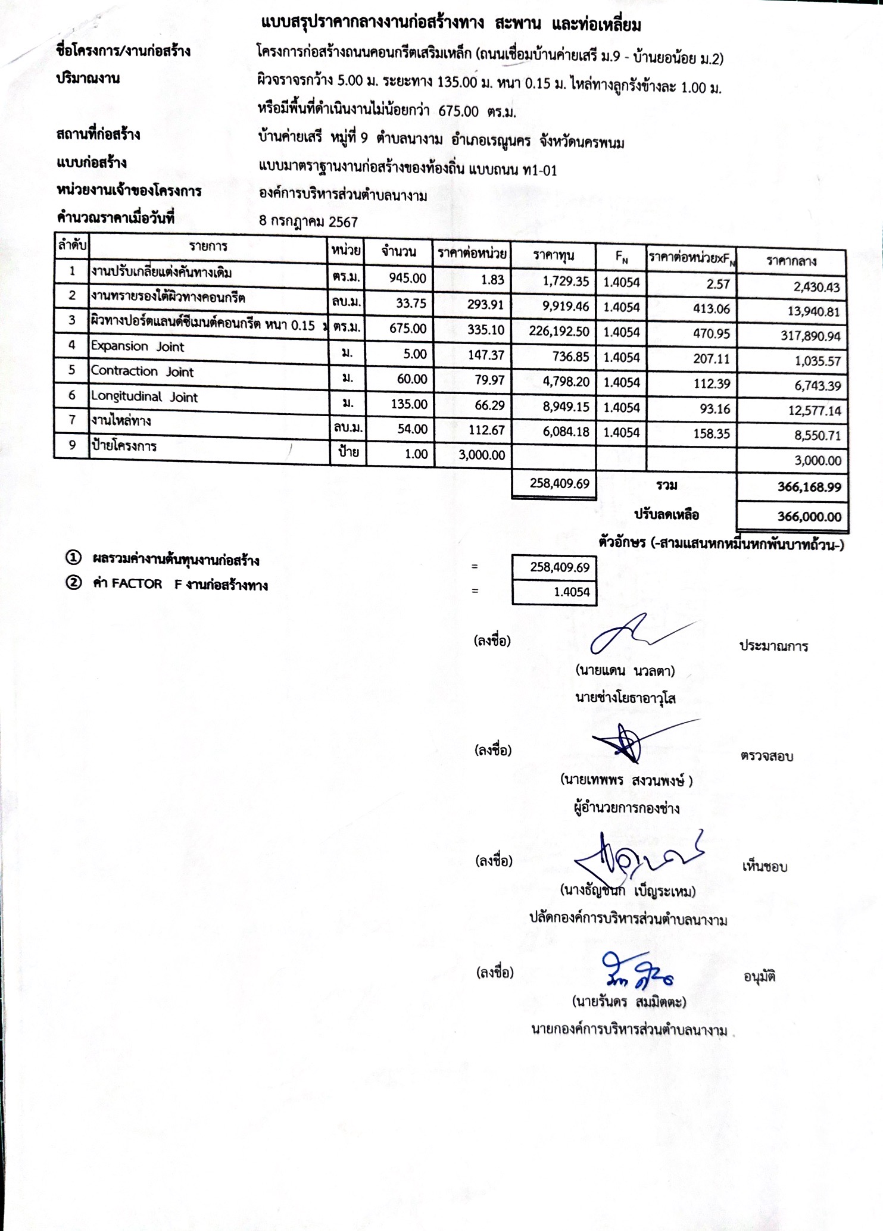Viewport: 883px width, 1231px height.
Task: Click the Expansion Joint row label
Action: coord(138,346)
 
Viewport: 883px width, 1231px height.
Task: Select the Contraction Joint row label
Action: coord(142,371)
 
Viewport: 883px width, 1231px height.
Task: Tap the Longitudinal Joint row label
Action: coord(144,397)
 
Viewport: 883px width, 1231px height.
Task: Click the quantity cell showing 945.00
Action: coord(407,278)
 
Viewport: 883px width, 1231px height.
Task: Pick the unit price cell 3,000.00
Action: coord(482,455)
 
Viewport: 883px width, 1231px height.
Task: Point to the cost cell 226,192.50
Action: coord(559,331)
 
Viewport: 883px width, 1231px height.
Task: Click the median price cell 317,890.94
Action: coord(810,336)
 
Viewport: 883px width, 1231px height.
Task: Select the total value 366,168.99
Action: coord(809,487)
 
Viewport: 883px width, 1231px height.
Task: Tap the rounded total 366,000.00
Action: coord(809,516)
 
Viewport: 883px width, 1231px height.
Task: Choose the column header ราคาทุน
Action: coord(554,255)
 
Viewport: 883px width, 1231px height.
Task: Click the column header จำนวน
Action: coord(399,251)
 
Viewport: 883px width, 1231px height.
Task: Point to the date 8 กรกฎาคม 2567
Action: coord(308,222)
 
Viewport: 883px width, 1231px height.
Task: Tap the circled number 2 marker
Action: coord(73,582)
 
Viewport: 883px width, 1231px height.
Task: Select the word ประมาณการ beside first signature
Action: coord(773,646)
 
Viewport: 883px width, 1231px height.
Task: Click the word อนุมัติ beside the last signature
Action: coord(759,977)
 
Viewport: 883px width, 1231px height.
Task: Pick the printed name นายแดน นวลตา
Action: coord(625,671)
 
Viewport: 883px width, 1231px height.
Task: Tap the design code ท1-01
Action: coord(539,171)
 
